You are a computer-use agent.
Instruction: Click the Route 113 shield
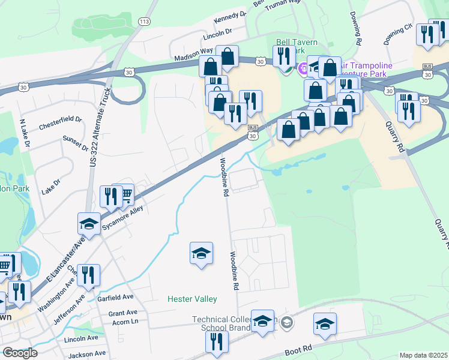point(144,22)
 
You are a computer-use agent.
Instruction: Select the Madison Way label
point(194,55)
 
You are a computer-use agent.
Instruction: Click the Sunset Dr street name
point(75,143)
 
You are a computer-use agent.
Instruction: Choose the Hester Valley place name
point(192,298)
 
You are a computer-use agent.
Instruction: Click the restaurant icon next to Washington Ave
point(88,275)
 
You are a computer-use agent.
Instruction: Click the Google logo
point(20,352)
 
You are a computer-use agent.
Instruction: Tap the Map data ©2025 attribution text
point(423,355)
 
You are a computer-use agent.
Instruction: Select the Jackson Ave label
point(88,355)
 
